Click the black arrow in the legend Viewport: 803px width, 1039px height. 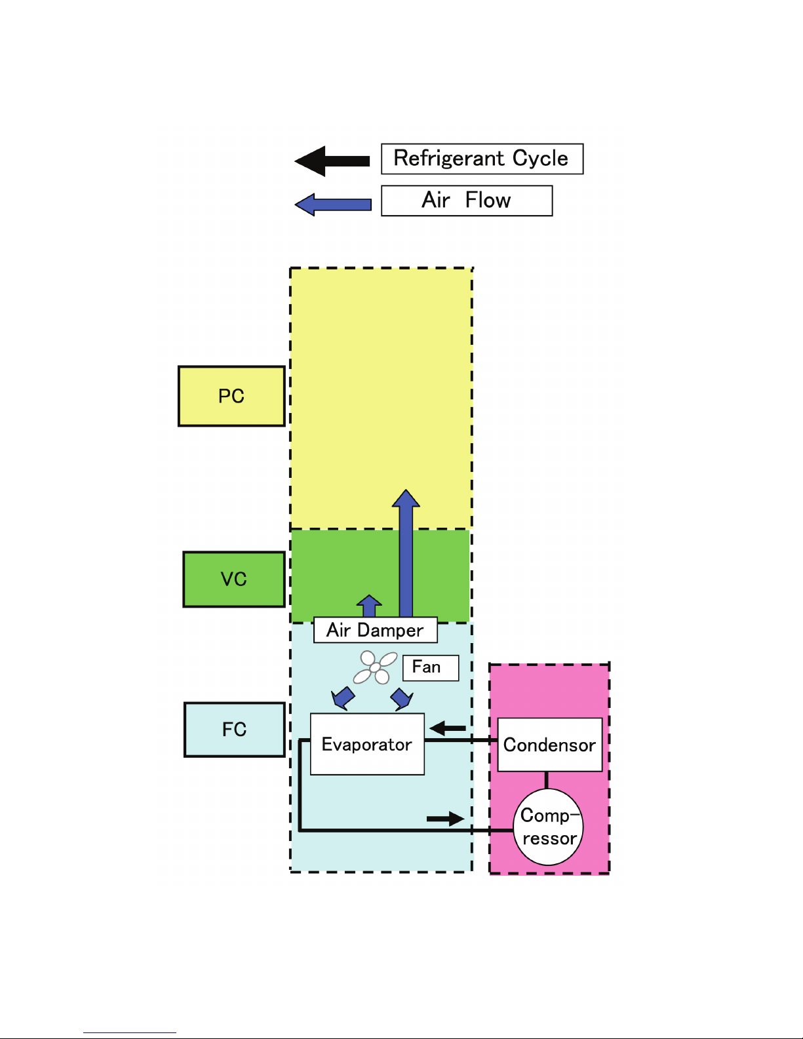coord(332,161)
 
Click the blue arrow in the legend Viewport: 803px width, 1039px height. coord(333,205)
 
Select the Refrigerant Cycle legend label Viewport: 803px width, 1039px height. coord(482,159)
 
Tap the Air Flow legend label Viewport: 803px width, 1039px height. coord(467,201)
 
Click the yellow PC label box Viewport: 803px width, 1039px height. coord(231,396)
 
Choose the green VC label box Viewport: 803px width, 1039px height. coord(234,579)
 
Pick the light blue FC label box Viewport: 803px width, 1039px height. coord(234,730)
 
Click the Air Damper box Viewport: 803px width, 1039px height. coord(375,630)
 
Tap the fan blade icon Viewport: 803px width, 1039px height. coord(375,667)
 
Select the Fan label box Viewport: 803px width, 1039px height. coord(431,667)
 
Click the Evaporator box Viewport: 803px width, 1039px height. coord(367,744)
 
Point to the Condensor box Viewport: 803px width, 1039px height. coord(550,745)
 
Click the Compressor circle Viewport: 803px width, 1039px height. coord(548,827)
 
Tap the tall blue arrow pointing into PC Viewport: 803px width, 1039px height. coord(406,553)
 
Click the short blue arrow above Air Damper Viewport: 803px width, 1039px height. coord(369,606)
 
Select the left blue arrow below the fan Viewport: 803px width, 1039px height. coord(343,699)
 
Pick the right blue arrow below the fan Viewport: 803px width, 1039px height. coord(402,699)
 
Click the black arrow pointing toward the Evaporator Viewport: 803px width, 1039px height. coord(447,728)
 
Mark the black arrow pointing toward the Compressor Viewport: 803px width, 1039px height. coord(446,819)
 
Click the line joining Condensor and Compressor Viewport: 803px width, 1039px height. coord(546,780)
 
